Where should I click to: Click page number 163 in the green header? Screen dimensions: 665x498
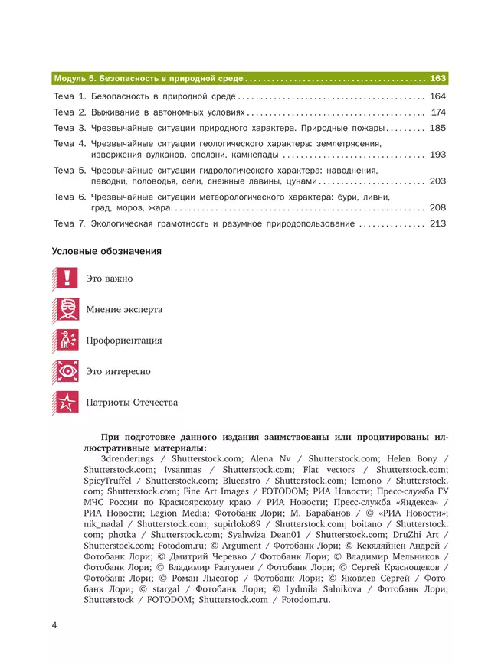[437, 78]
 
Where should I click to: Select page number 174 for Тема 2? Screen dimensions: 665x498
[437, 112]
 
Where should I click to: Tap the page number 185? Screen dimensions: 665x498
[437, 128]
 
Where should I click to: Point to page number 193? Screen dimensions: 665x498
[437, 155]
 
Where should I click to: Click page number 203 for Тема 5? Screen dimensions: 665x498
[437, 181]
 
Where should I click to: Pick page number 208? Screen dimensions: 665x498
[437, 208]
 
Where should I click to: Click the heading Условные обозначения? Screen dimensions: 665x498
[106, 251]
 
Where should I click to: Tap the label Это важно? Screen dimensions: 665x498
[109, 279]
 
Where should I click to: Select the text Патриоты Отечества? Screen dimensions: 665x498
[131, 402]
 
